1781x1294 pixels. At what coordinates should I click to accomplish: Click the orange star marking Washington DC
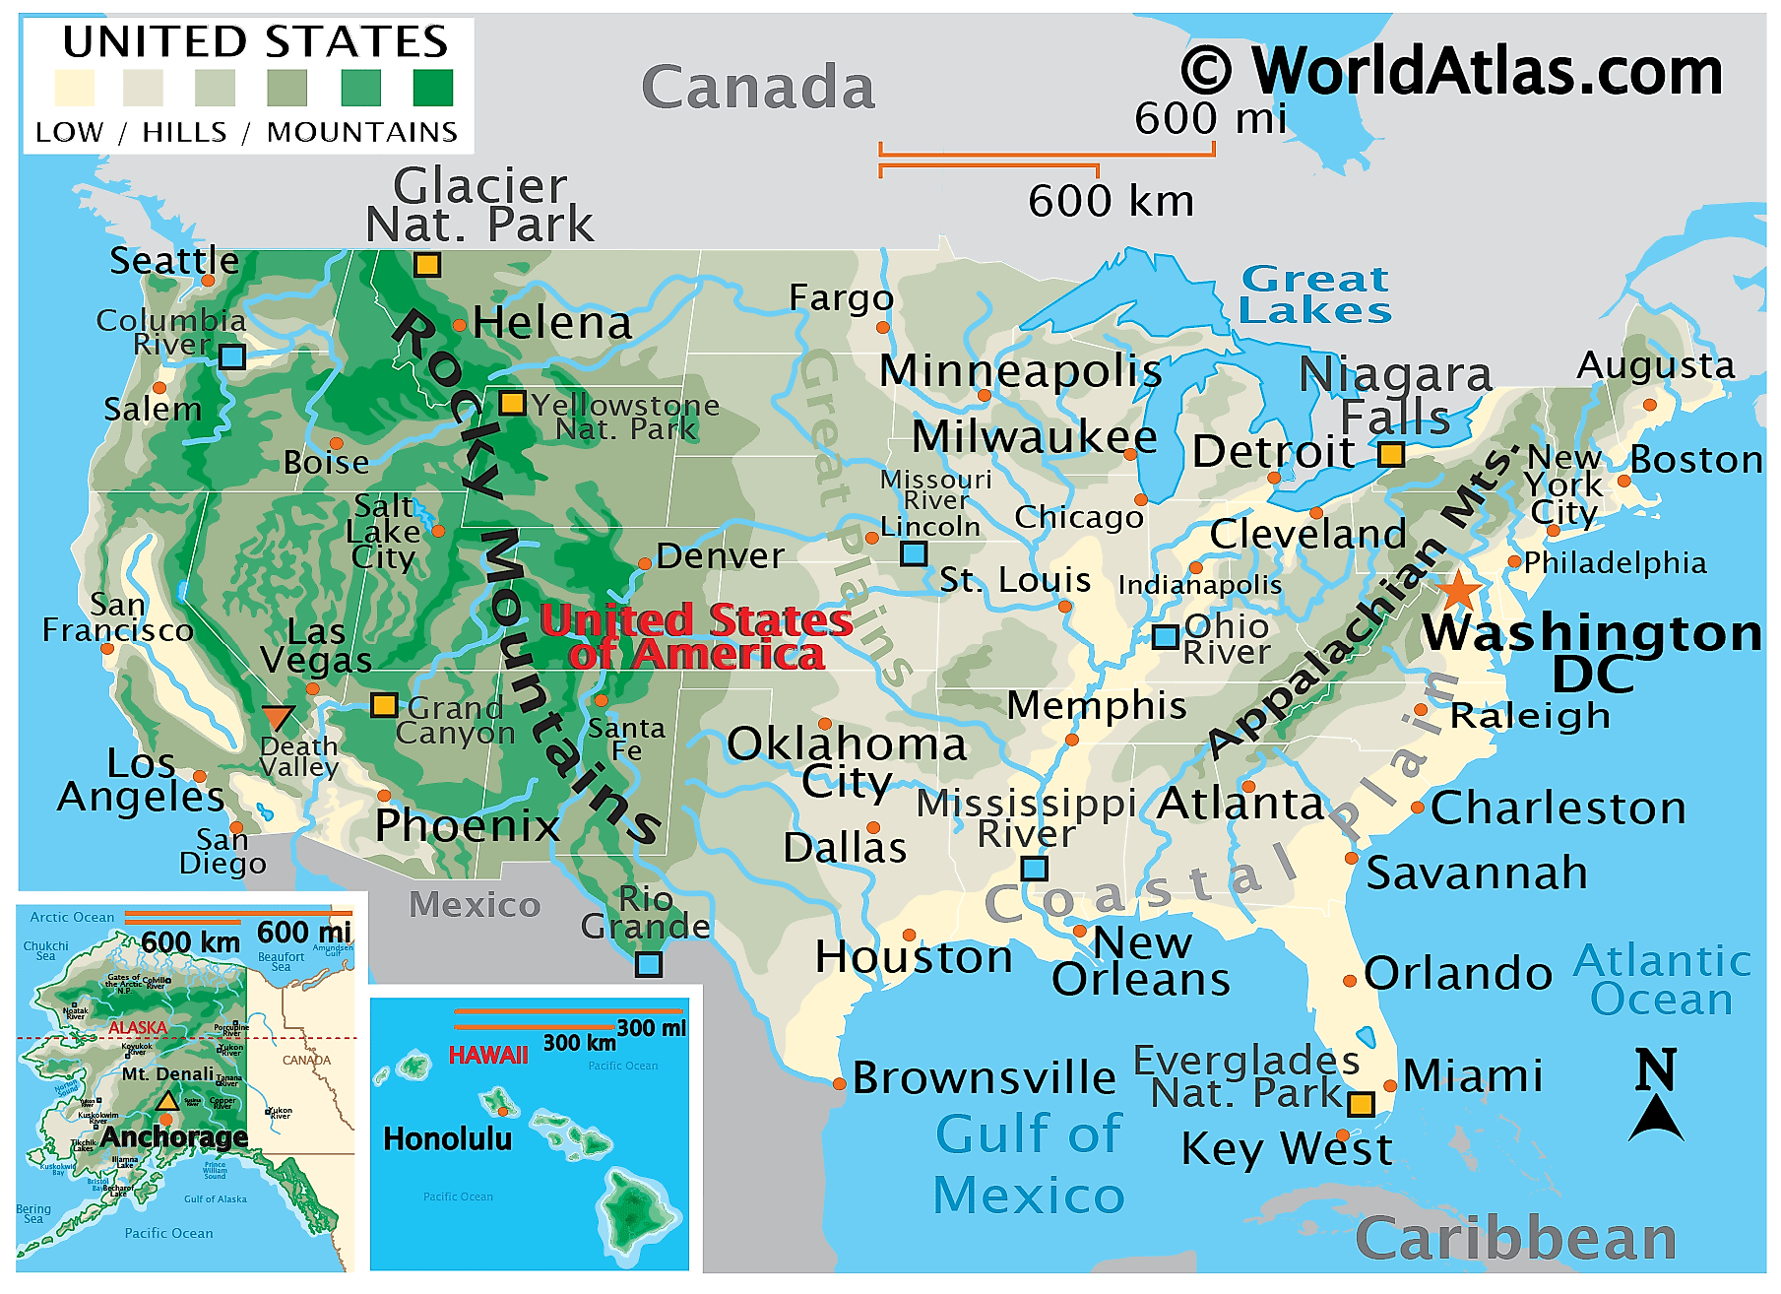tap(1458, 591)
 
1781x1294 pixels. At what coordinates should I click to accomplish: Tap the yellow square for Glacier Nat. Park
tap(426, 264)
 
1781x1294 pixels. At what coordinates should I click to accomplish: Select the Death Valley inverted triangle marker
tap(279, 717)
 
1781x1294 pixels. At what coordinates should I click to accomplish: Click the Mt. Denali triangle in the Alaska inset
tap(167, 1101)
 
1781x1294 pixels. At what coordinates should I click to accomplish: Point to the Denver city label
tap(720, 556)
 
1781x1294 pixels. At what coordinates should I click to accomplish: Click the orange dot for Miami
tap(1390, 1086)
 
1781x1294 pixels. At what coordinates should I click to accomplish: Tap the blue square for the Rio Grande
tap(648, 964)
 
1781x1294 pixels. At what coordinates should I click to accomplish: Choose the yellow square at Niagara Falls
tap(1390, 454)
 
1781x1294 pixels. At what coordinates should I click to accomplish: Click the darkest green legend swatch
tap(432, 88)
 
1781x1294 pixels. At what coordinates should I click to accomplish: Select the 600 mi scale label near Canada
tap(1210, 119)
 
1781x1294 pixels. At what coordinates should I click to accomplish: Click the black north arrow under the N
tap(1656, 1119)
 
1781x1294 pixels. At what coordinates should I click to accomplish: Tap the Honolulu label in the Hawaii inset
tap(447, 1139)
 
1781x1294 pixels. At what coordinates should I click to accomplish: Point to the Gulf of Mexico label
tap(1029, 1164)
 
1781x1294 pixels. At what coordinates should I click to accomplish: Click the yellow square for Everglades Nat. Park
tap(1361, 1104)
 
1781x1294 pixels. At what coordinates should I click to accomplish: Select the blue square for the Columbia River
tap(231, 356)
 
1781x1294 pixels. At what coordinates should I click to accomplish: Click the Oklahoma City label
tap(847, 762)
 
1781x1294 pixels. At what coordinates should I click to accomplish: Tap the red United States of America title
tap(696, 637)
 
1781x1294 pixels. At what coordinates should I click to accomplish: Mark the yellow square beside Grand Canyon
tap(384, 705)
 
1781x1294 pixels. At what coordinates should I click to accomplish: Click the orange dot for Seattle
tap(208, 281)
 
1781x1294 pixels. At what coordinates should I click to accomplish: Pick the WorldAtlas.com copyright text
tap(1452, 71)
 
